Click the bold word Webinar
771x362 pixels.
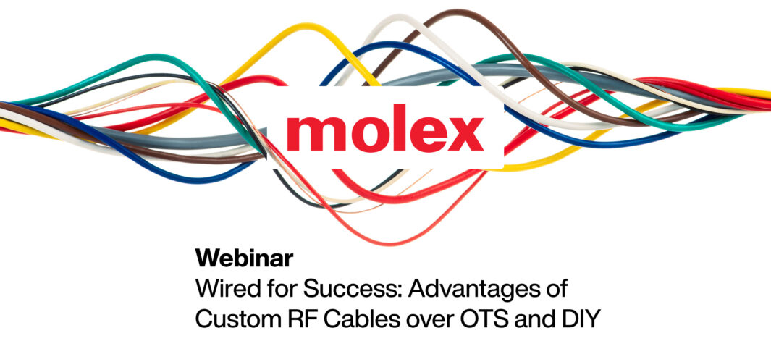pyautogui.click(x=245, y=258)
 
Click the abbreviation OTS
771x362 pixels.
pyautogui.click(x=481, y=319)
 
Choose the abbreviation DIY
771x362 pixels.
pyautogui.click(x=579, y=319)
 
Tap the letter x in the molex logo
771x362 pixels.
pyautogui.click(x=465, y=134)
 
